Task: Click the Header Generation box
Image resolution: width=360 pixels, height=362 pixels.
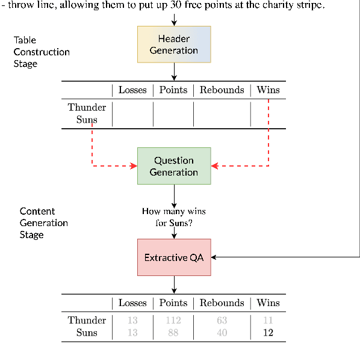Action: coord(174,44)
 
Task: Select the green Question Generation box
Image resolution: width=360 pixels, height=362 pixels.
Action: coord(174,166)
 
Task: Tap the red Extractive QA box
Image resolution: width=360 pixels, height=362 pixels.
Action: coord(174,257)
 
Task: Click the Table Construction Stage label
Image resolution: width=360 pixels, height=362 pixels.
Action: coord(42,52)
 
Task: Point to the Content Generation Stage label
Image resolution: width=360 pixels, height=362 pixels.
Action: coord(43,222)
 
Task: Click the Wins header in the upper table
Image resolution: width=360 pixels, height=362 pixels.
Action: coord(268,90)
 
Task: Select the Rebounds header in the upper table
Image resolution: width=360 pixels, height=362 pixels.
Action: coord(222,90)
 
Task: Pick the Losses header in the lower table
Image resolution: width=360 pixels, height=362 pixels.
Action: coord(132,303)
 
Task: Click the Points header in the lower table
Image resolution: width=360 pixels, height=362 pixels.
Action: coord(173,303)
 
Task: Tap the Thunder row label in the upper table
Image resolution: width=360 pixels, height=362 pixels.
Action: coord(87,108)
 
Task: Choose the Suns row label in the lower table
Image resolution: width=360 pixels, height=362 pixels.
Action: coord(87,333)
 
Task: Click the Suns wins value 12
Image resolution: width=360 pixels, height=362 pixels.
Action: coord(268,333)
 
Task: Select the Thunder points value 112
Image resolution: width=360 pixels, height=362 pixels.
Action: coord(173,321)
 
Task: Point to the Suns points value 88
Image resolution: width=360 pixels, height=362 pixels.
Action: coord(173,333)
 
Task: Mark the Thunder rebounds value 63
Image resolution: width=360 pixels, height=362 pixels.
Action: coord(222,321)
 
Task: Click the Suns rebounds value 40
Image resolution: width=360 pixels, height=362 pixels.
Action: coord(222,333)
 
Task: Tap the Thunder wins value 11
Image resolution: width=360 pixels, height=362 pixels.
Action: coord(268,321)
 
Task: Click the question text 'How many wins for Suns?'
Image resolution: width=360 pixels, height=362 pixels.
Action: coord(174,217)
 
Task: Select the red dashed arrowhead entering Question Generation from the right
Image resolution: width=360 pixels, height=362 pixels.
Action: coord(214,166)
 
